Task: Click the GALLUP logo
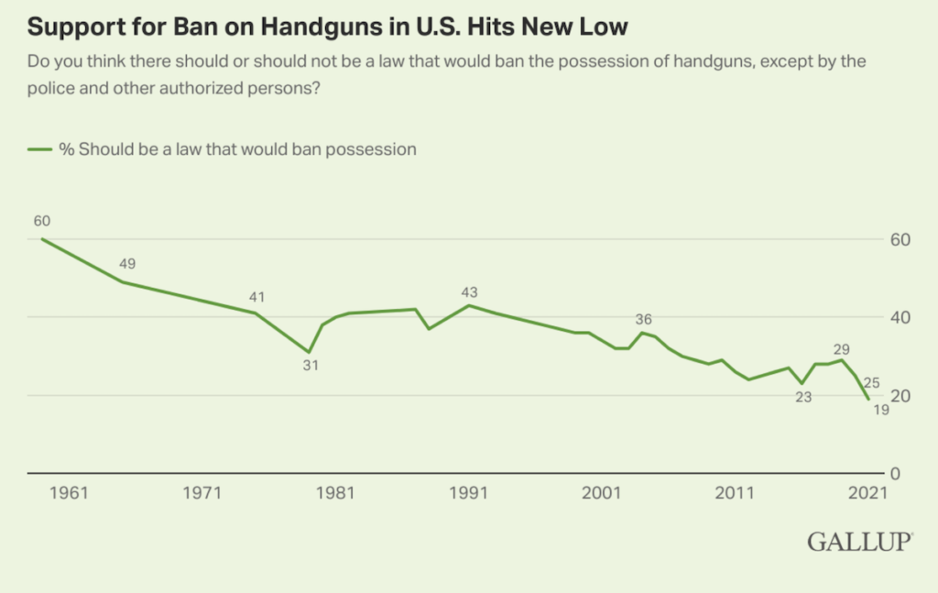tap(858, 542)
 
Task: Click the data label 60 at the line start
tap(41, 221)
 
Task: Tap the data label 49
tap(127, 264)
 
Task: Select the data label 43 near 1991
tap(470, 291)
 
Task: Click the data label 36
tap(643, 319)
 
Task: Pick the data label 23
tap(803, 398)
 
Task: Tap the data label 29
tap(842, 349)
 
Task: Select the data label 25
tap(871, 382)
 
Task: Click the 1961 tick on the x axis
tap(70, 493)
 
